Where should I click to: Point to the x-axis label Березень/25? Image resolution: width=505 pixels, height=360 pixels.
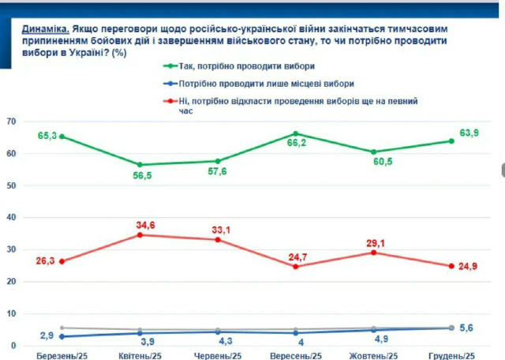(62, 355)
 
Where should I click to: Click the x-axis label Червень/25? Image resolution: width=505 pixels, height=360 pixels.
(218, 355)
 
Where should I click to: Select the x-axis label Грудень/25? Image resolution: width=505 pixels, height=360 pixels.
(451, 355)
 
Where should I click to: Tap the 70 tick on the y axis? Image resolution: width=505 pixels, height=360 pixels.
(11, 122)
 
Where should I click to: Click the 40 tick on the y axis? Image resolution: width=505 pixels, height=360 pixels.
(11, 218)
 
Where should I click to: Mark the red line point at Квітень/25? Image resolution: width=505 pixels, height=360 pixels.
(140, 234)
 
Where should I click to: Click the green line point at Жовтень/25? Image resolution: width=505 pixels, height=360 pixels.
(372, 152)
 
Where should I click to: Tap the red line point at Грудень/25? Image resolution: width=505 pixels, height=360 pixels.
(451, 266)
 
